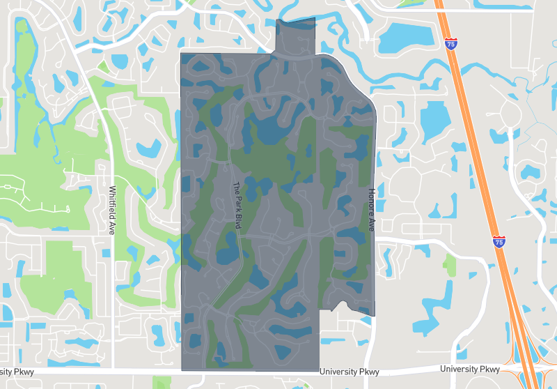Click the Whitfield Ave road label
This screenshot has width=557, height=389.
click(x=111, y=210)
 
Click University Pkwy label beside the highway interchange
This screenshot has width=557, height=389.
click(x=471, y=369)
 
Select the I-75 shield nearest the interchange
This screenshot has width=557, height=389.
click(x=499, y=242)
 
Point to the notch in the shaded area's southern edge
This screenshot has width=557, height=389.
click(x=340, y=306)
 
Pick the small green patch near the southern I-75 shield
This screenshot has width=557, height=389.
click(x=450, y=264)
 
